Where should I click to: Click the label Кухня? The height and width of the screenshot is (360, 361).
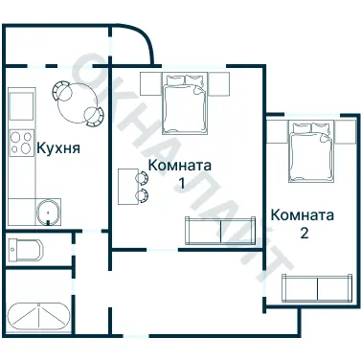click(x=57, y=148)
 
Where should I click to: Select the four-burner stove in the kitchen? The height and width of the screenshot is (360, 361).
click(x=20, y=144)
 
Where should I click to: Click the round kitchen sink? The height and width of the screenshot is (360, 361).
click(x=45, y=211)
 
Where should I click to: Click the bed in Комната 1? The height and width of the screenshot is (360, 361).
click(x=183, y=103)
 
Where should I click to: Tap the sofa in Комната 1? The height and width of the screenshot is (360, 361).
click(x=221, y=231)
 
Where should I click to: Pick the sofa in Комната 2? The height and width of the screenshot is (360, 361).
click(x=315, y=288)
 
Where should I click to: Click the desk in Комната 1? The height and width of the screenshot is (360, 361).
click(x=127, y=186)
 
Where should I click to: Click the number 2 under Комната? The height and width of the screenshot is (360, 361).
click(x=304, y=232)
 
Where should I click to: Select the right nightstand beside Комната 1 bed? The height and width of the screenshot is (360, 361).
click(x=218, y=83)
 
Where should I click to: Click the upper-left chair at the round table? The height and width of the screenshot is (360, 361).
click(x=60, y=89)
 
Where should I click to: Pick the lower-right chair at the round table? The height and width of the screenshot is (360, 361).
click(x=93, y=115)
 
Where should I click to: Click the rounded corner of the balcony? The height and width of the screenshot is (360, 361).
click(x=144, y=43)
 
